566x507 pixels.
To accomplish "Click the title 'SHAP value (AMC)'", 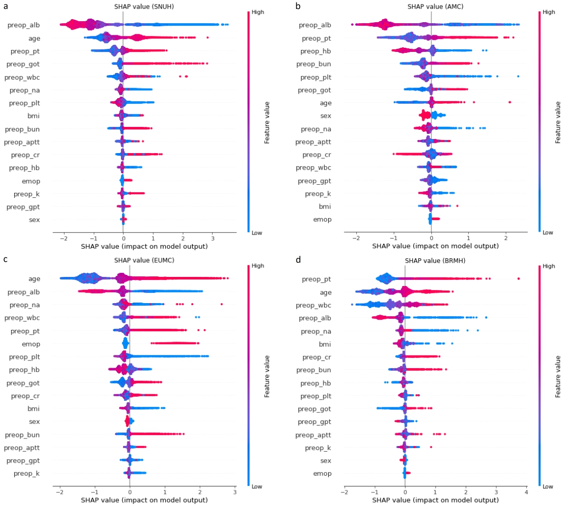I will [x=431, y=7].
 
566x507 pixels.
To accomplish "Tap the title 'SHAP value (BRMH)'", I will [x=430, y=261].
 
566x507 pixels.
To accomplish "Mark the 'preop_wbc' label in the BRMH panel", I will [x=312, y=305].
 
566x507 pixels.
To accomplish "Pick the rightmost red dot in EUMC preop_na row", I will [x=221, y=304].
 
